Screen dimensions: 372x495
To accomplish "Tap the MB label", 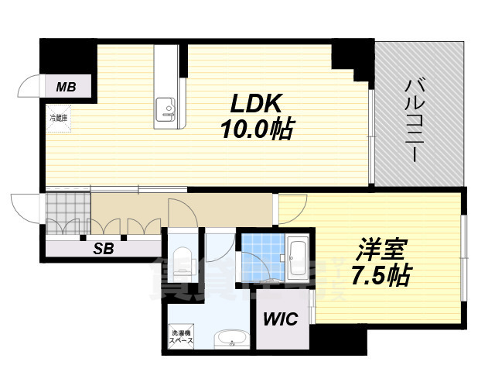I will click(x=66, y=86).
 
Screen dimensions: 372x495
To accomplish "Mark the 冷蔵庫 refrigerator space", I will click(x=59, y=122).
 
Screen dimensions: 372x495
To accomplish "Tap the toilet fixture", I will click(x=183, y=258).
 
